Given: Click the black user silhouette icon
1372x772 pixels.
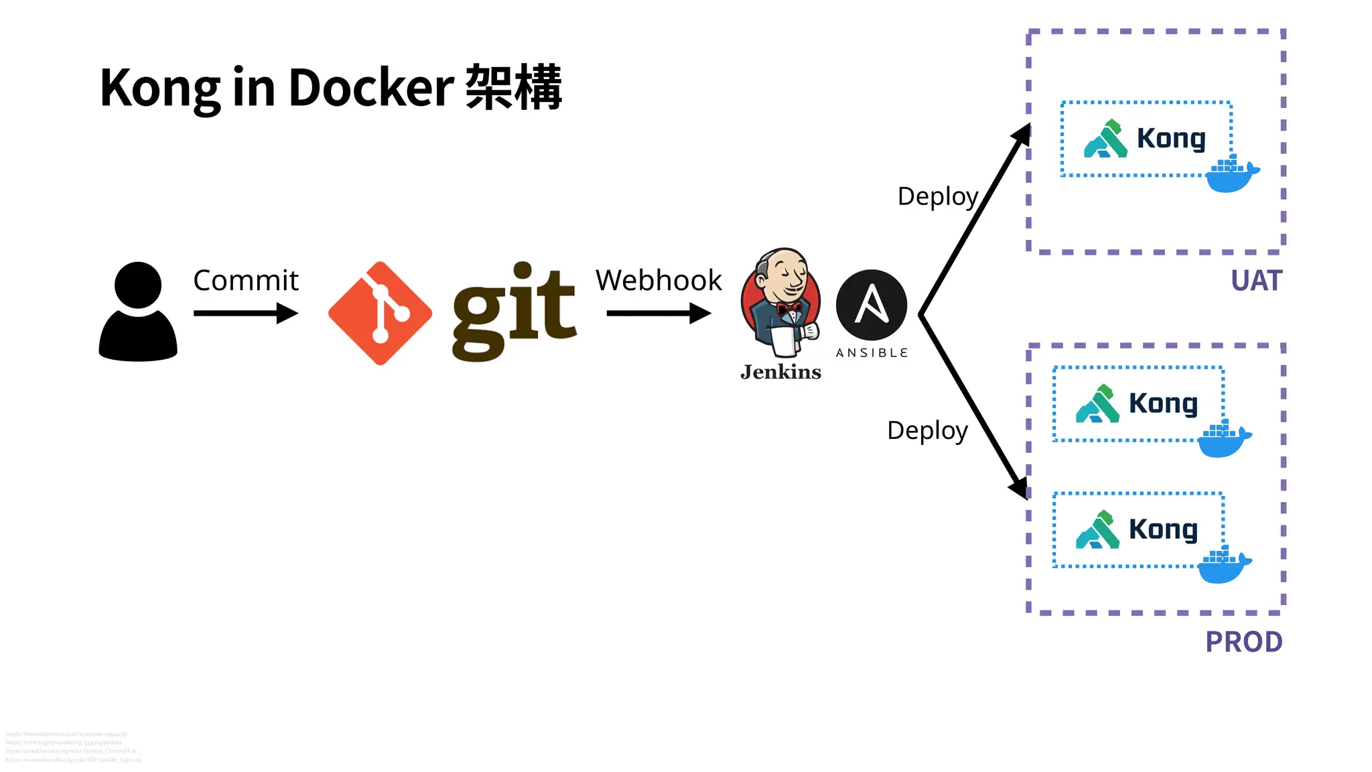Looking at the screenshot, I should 138,312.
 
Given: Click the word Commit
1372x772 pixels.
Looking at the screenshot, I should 245,280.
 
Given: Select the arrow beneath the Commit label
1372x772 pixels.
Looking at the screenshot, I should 245,313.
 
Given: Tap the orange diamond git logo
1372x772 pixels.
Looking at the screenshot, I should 381,313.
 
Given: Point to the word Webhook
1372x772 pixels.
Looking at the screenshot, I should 659,280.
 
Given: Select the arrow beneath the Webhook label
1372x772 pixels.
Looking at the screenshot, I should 659,313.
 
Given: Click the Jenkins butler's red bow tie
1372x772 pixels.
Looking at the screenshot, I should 788,308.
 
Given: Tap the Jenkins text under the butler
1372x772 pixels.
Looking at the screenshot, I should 781,372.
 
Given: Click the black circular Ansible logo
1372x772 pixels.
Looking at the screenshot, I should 872,305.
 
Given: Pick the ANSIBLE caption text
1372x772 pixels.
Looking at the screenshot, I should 872,353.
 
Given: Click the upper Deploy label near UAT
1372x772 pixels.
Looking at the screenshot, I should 938,196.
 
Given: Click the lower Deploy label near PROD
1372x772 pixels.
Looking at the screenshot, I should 927,430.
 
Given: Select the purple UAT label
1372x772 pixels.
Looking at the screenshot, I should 1256,281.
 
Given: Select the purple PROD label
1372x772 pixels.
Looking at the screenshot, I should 1243,642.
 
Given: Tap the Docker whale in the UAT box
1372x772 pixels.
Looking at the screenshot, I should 1231,176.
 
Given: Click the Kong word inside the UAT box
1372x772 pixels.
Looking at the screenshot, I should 1171,139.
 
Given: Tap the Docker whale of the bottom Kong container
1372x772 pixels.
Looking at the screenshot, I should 1223,566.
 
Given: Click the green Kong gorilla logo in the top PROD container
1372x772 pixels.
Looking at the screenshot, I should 1097,404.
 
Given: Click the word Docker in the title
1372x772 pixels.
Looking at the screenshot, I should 371,88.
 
